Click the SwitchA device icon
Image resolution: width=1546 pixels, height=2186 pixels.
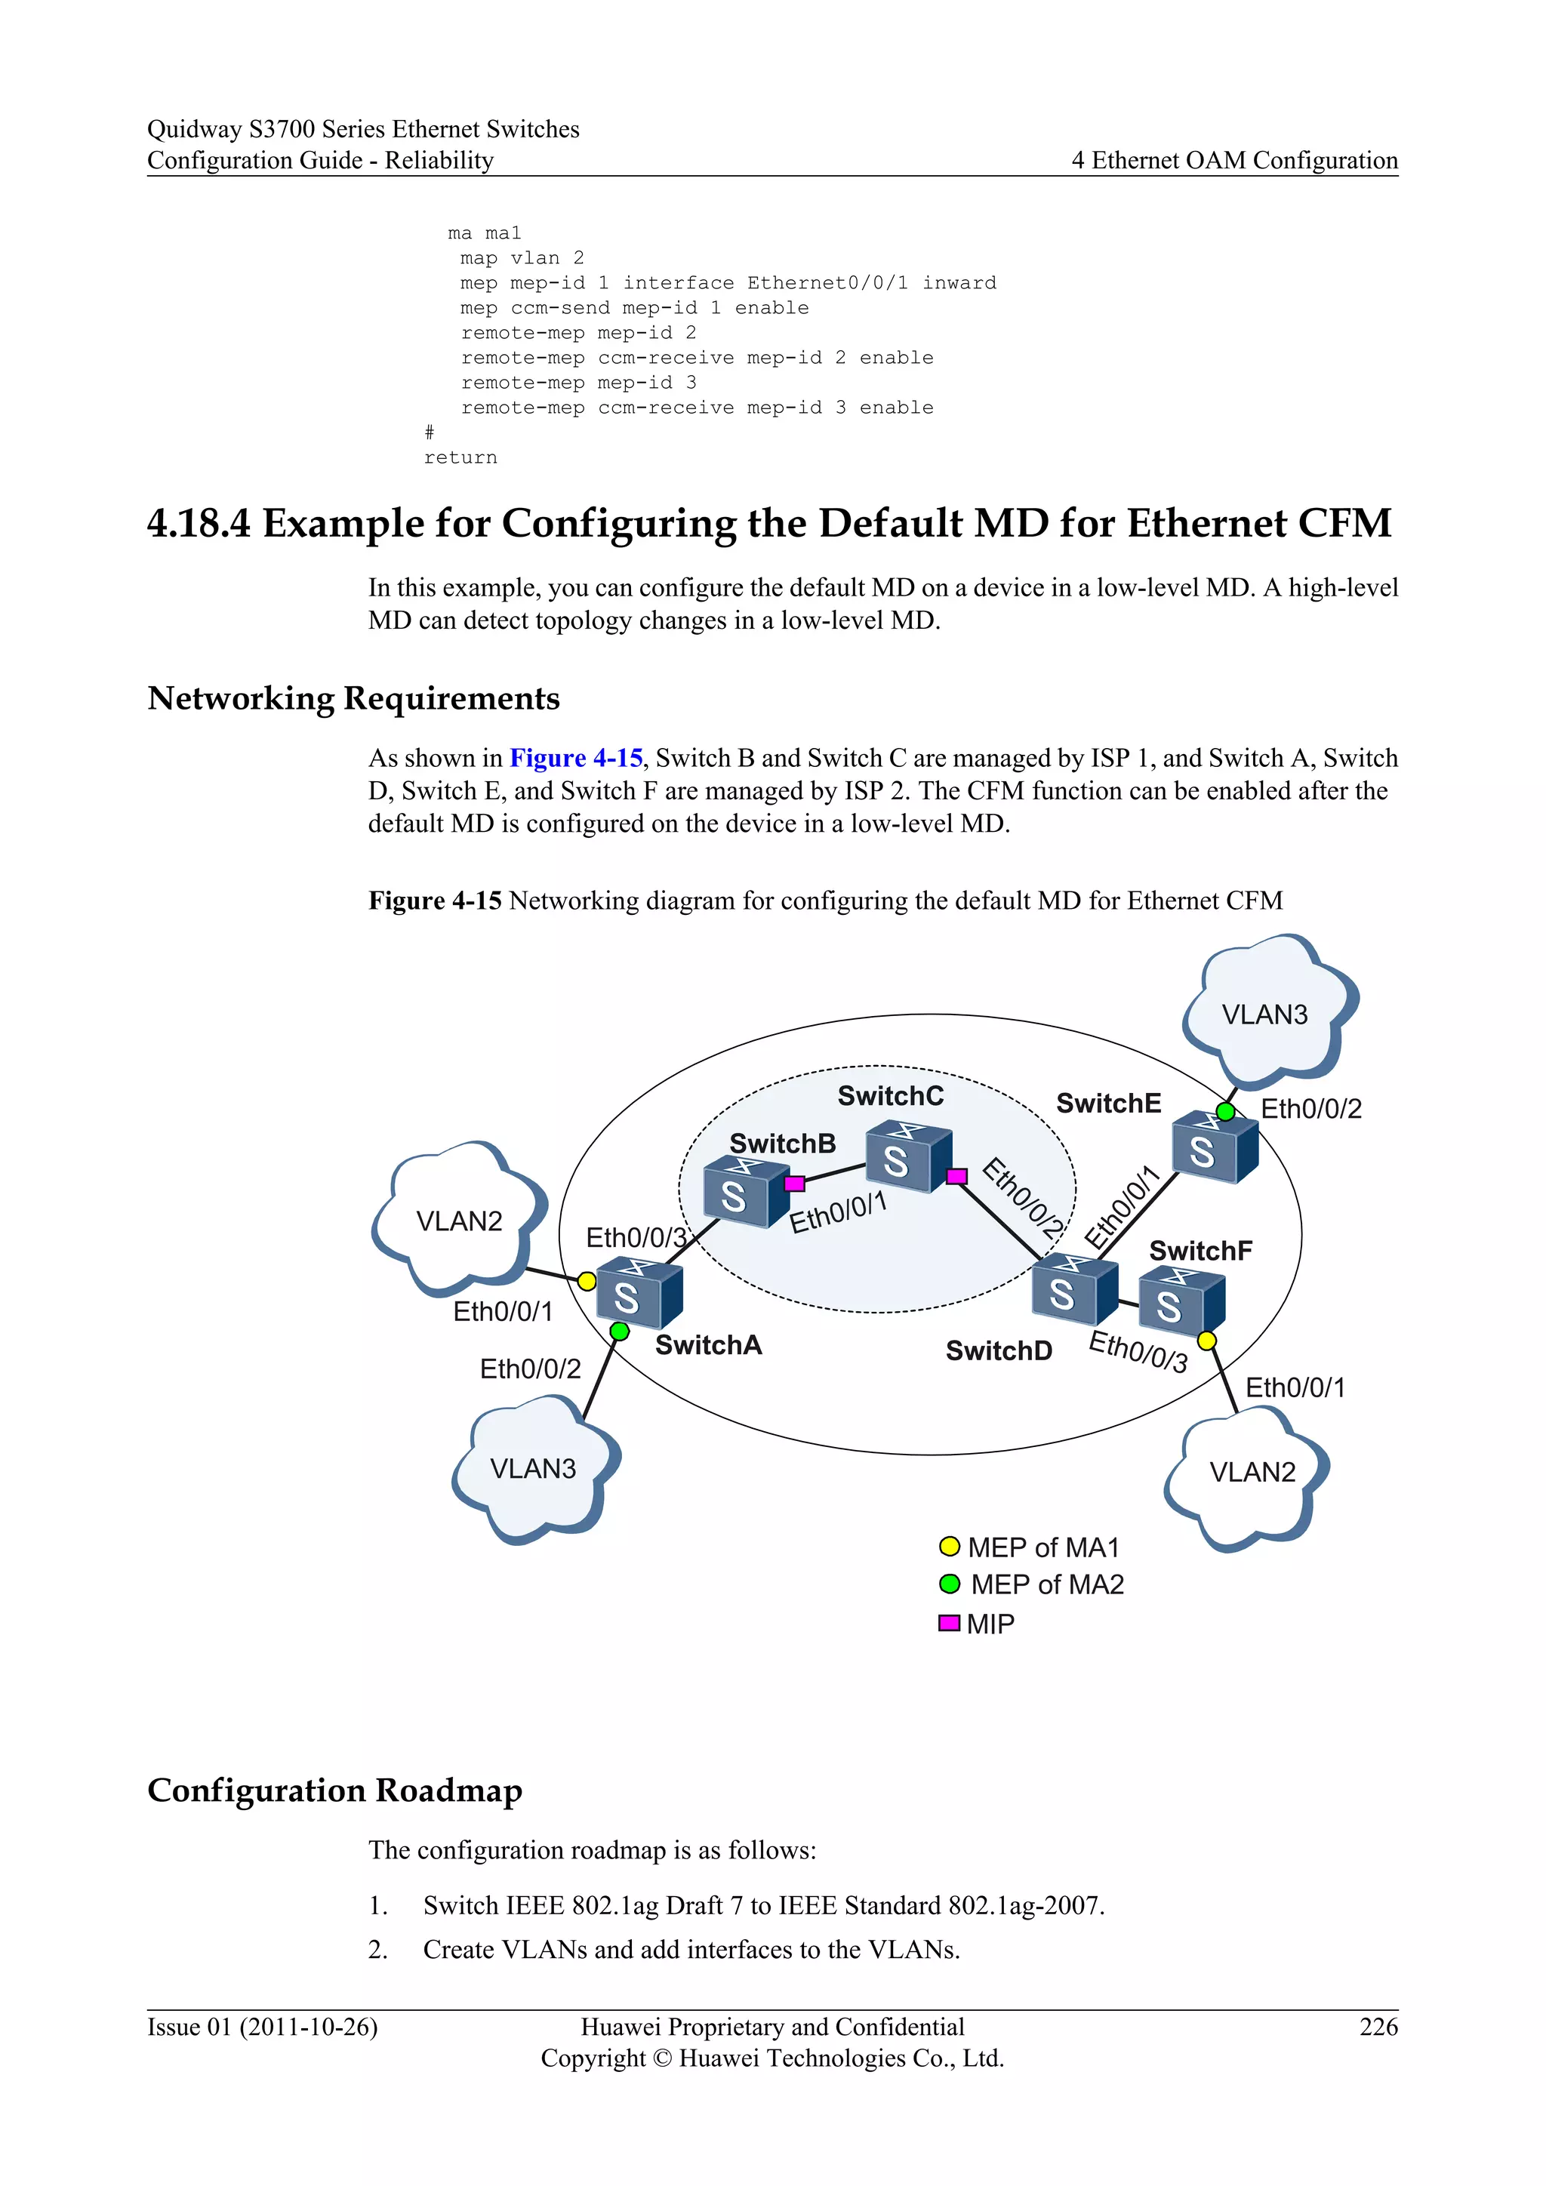click(639, 1293)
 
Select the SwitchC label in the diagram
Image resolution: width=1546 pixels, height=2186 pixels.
click(890, 1096)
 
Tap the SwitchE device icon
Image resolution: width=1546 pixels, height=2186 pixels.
click(1214, 1148)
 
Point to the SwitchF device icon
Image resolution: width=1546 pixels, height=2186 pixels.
click(1181, 1301)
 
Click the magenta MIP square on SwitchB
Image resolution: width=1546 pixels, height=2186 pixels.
click(795, 1184)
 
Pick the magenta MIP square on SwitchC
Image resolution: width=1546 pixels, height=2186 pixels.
click(956, 1177)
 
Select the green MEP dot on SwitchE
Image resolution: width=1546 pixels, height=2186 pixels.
click(1226, 1111)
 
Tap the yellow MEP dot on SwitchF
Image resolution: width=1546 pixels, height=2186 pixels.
click(1207, 1341)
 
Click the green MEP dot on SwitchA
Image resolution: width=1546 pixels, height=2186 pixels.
click(620, 1331)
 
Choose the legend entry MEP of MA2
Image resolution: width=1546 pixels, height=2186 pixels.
click(1046, 1584)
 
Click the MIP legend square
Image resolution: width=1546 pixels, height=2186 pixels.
click(949, 1622)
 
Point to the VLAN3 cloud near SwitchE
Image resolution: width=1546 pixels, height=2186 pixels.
click(1266, 1013)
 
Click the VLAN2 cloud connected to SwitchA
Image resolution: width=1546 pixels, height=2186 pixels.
click(459, 1221)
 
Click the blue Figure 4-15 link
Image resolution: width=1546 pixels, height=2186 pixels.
click(576, 758)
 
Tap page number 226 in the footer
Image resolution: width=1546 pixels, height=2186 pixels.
click(1378, 2026)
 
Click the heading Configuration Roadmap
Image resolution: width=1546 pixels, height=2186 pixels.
click(335, 1790)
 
